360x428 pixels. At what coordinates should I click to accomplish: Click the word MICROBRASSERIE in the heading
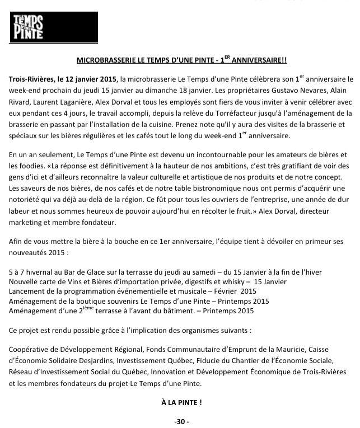click(x=106, y=59)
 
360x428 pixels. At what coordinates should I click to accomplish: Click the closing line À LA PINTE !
click(x=180, y=402)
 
